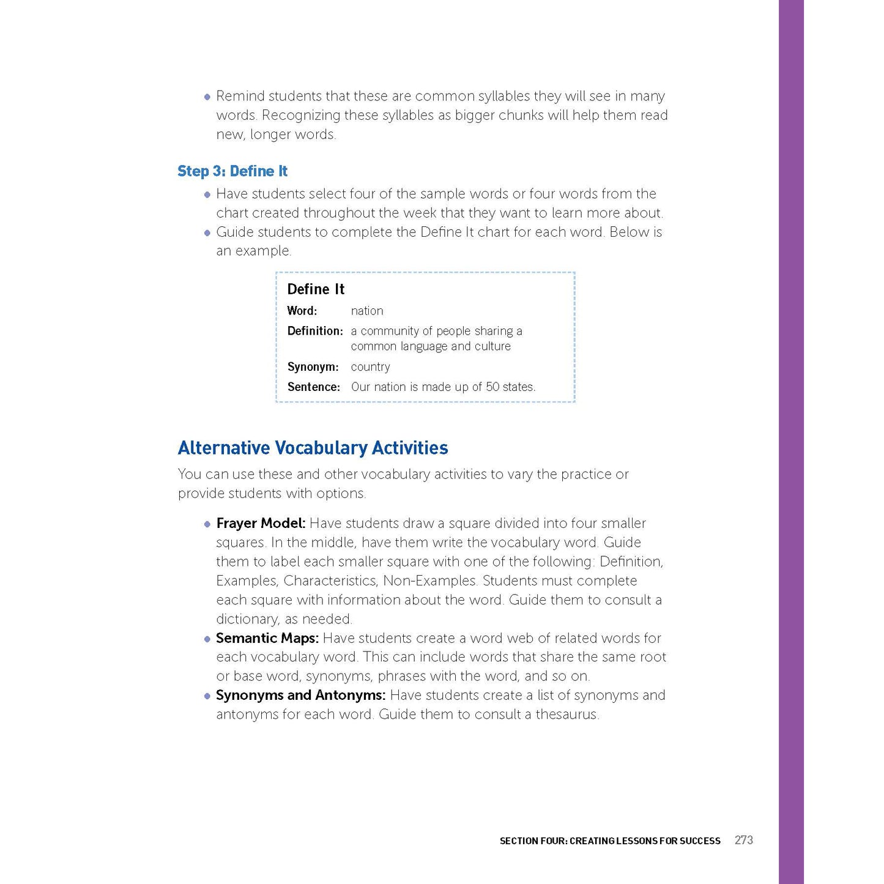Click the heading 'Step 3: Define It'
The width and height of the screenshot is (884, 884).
232,171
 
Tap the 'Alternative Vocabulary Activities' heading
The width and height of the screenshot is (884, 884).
313,448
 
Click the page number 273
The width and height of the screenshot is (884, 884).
743,840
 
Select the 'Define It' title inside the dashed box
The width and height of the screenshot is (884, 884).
316,289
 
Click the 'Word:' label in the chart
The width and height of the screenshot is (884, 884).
302,311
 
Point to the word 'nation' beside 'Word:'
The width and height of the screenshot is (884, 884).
367,311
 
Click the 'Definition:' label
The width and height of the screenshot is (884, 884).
315,331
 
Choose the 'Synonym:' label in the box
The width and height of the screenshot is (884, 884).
313,367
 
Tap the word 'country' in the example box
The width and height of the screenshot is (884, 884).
370,367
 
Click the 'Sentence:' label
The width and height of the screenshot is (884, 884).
313,387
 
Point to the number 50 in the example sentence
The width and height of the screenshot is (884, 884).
492,387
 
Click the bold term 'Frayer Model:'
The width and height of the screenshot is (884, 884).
261,523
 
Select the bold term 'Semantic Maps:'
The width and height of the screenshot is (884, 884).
267,638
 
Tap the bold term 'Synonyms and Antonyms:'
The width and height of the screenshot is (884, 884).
300,695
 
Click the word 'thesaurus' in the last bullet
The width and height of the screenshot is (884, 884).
566,715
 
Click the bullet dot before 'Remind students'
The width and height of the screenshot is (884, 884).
207,97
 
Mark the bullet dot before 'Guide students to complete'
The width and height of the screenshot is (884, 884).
207,232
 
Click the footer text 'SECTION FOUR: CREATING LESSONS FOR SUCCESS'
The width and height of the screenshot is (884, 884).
610,841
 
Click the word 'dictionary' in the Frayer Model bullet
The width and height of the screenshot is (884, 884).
248,619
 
